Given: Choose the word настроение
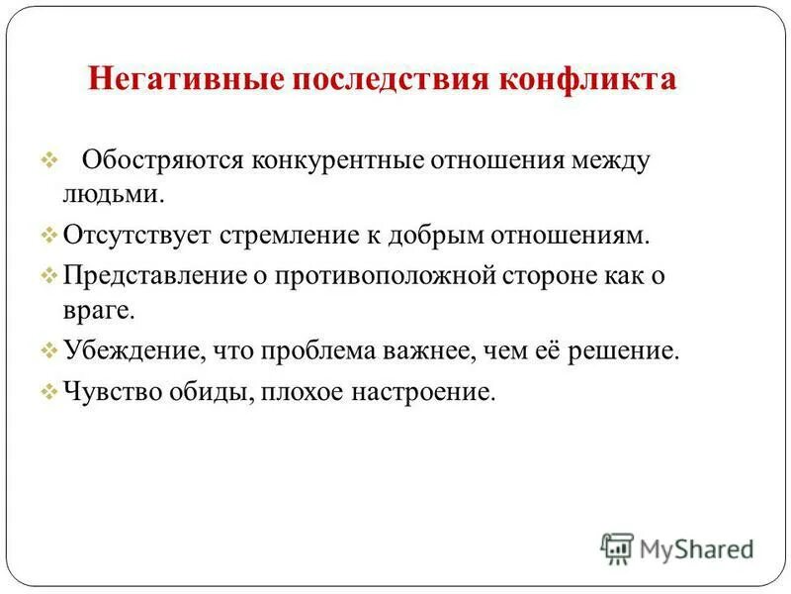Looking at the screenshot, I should pos(424,391).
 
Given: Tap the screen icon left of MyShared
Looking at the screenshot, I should pos(617,547).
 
